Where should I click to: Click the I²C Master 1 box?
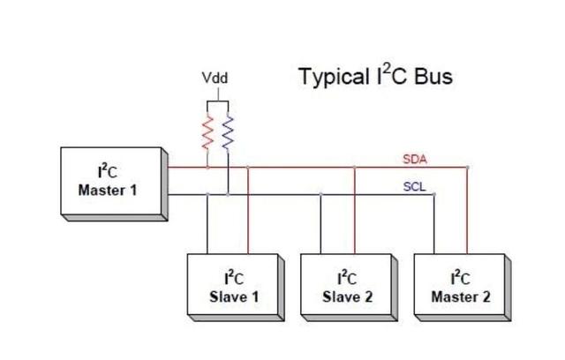(114, 184)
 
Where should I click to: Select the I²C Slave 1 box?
(236, 288)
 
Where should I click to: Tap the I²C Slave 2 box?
(350, 288)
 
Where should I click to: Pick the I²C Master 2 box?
(463, 288)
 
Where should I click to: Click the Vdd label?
(215, 78)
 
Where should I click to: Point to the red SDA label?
(415, 159)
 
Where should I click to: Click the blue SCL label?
(414, 186)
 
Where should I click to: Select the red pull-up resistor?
(207, 131)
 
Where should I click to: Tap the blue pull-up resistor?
(228, 131)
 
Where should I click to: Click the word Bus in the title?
(433, 76)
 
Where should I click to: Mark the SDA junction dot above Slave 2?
(355, 168)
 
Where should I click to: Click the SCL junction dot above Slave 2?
(320, 194)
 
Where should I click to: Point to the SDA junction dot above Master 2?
(467, 168)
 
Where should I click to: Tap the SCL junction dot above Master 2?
(433, 194)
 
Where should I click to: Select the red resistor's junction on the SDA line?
(207, 168)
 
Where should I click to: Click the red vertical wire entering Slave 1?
(248, 211)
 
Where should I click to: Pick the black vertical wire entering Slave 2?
(320, 224)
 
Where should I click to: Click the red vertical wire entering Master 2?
(467, 211)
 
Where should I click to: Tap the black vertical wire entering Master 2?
(433, 224)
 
